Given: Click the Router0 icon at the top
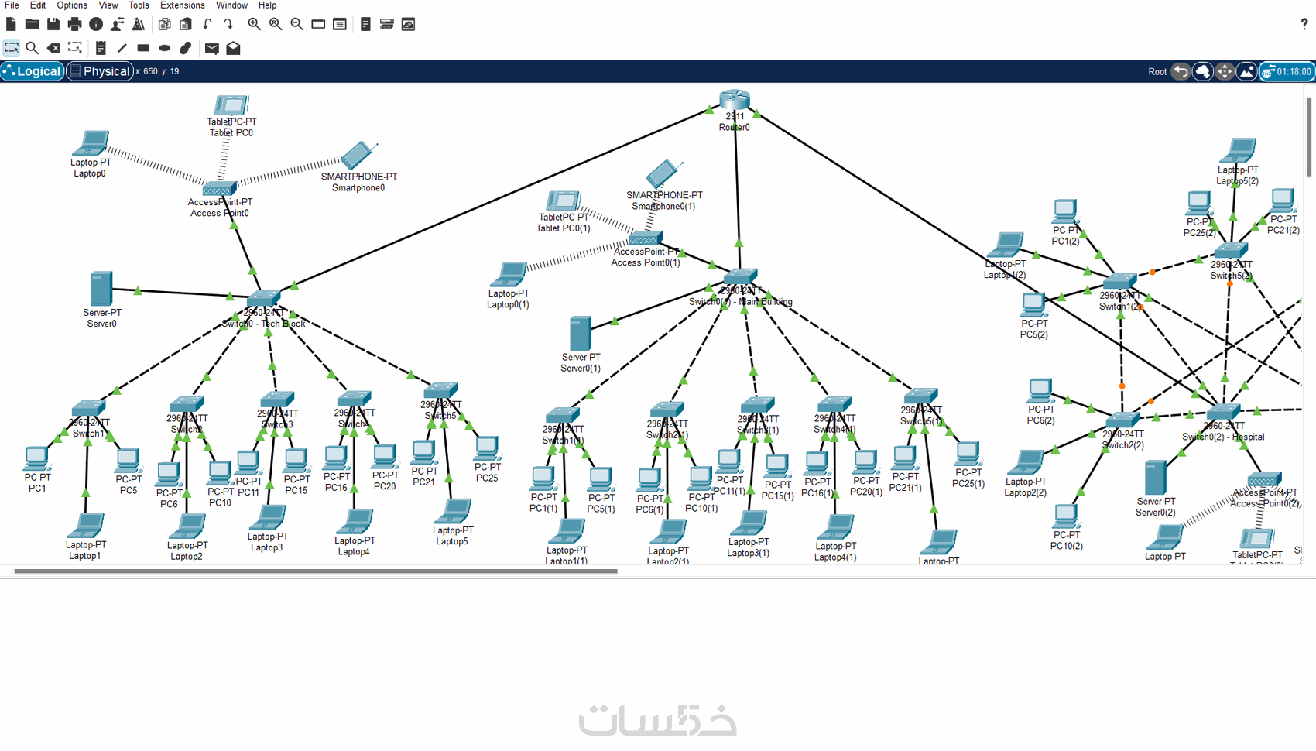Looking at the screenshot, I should click(x=734, y=100).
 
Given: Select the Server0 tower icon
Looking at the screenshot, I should click(x=101, y=289).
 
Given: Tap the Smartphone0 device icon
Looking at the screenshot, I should click(x=357, y=156).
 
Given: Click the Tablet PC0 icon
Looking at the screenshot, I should click(x=230, y=105).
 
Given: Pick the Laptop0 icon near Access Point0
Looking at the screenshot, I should click(x=91, y=144).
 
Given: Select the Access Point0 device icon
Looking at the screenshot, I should click(x=218, y=190).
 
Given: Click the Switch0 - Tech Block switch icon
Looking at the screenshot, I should click(x=263, y=299).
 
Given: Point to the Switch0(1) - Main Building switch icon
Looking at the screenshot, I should click(x=740, y=276).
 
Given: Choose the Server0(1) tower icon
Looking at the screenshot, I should click(x=580, y=334).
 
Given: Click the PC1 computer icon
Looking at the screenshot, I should click(x=36, y=458).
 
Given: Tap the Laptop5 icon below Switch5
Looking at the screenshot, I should click(x=452, y=512).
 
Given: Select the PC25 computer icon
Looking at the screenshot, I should click(x=487, y=448).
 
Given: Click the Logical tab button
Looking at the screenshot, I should click(x=32, y=71).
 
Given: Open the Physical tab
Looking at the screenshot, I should click(x=100, y=71).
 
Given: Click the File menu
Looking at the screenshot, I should click(x=12, y=5).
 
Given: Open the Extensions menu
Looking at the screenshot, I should click(x=182, y=5).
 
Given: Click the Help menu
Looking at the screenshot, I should click(x=267, y=5).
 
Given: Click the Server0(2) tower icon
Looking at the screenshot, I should click(x=1155, y=478).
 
